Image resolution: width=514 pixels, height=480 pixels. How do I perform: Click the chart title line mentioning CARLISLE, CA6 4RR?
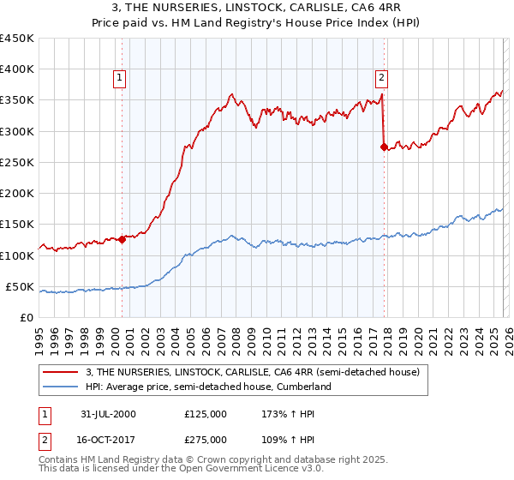(x=256, y=8)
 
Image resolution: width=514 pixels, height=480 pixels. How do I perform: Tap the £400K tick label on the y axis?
(x=17, y=69)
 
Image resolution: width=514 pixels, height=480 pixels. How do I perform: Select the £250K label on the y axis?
(x=17, y=162)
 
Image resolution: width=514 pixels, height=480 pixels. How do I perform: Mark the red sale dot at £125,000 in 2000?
(x=123, y=240)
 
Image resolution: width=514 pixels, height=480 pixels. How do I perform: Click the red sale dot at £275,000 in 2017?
(x=383, y=147)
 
